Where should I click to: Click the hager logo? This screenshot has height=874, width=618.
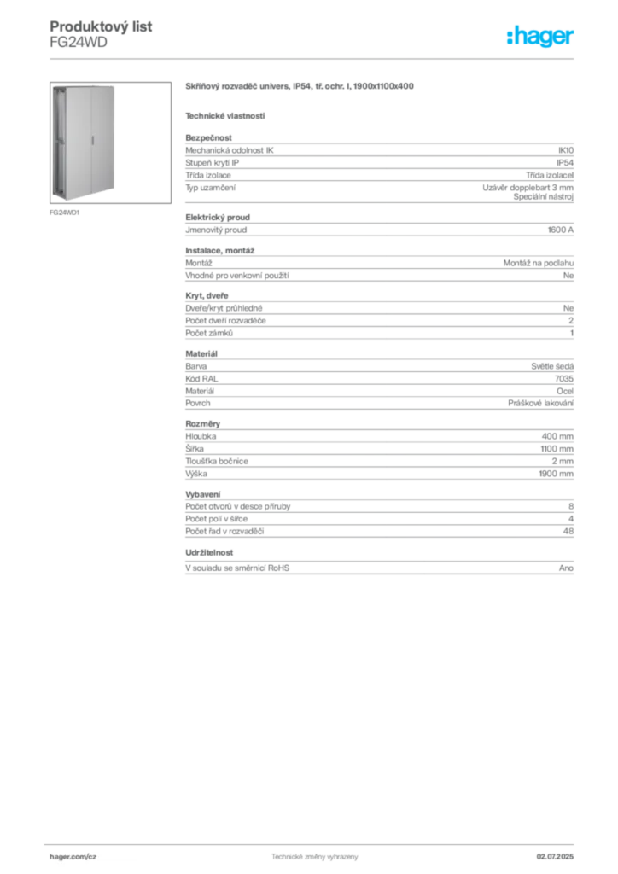(x=540, y=36)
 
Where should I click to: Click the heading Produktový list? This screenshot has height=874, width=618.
(x=101, y=26)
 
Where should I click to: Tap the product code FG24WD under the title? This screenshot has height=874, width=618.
(x=79, y=43)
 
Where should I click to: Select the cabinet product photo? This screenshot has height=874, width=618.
(x=110, y=143)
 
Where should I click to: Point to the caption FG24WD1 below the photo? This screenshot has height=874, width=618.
(x=65, y=213)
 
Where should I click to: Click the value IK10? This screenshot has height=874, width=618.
(x=566, y=150)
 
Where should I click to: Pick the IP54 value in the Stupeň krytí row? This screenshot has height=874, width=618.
(x=565, y=163)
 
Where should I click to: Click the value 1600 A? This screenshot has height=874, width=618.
(x=561, y=230)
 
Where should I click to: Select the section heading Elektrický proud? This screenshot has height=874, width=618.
(x=218, y=218)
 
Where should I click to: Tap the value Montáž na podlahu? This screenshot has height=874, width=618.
(x=539, y=263)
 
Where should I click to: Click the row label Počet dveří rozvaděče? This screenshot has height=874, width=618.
(x=225, y=321)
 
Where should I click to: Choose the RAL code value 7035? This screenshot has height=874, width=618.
(x=564, y=378)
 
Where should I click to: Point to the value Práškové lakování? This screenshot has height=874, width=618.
(x=540, y=403)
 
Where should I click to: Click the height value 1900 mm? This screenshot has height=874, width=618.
(x=557, y=474)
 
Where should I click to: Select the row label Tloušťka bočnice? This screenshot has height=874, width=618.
(x=217, y=461)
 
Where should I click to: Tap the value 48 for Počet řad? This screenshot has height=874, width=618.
(x=568, y=531)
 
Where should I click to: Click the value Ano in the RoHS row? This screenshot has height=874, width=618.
(x=566, y=568)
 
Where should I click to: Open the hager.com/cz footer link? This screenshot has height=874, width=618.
(x=73, y=857)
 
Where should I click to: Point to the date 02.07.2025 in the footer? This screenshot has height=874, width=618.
(x=555, y=857)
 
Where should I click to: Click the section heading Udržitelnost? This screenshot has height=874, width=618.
(x=209, y=552)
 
